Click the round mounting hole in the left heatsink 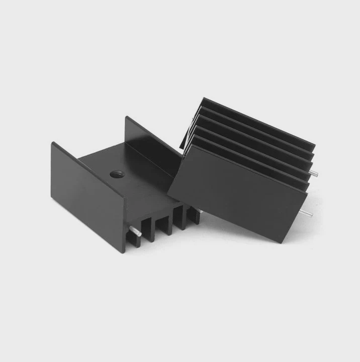[117, 175]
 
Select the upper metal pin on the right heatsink [313, 173]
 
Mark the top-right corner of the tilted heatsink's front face [308, 192]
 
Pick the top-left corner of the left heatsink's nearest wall [52, 143]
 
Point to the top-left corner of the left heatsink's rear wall [126, 118]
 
